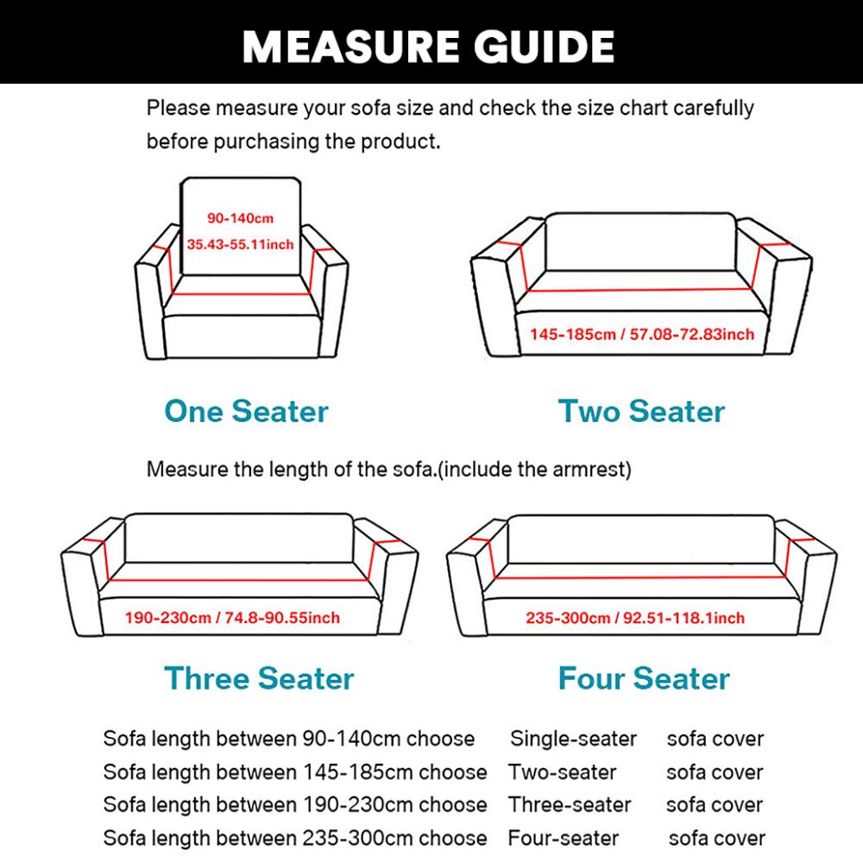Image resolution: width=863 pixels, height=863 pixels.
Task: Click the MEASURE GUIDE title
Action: click(x=429, y=45)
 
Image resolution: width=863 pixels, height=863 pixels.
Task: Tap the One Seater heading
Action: click(x=246, y=412)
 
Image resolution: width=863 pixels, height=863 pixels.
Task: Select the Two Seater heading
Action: click(x=641, y=412)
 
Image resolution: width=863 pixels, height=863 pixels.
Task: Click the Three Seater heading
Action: click(x=259, y=678)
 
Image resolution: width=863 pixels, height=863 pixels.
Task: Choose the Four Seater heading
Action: click(x=644, y=678)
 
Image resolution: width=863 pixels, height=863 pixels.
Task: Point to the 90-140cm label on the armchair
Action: click(x=240, y=218)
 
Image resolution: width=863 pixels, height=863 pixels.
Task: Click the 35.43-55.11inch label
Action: click(x=240, y=244)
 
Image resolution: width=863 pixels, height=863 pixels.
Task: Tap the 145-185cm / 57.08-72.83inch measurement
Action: click(x=642, y=334)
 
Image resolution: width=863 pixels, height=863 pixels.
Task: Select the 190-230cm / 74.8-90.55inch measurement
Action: click(x=232, y=618)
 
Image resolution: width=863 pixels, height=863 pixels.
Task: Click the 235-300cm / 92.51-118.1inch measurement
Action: click(x=635, y=618)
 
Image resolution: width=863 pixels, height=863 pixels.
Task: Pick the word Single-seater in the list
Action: click(x=573, y=739)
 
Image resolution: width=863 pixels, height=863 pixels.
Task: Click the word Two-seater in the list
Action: click(x=562, y=772)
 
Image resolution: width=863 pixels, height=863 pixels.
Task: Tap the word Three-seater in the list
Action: click(x=570, y=804)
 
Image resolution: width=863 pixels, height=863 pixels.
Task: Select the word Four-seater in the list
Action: click(x=563, y=838)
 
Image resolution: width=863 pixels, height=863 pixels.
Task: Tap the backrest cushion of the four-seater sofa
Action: click(x=640, y=541)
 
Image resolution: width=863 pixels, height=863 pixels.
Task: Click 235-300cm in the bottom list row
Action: click(x=352, y=838)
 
